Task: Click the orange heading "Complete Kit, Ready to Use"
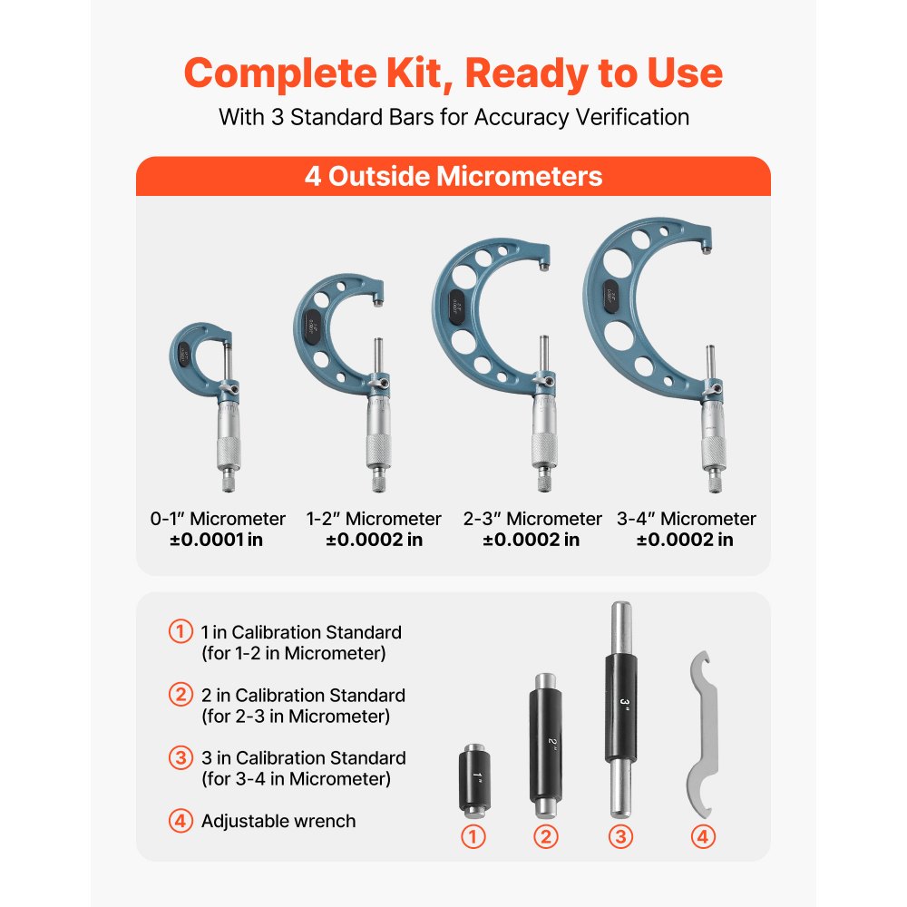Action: point(453,73)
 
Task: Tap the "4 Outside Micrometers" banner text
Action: point(453,175)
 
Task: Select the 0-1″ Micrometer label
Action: point(218,519)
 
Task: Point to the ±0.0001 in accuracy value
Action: point(218,541)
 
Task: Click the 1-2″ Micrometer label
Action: point(374,519)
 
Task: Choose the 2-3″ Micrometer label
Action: point(531,519)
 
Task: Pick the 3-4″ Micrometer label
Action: point(686,519)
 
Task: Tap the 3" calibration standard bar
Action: point(619,707)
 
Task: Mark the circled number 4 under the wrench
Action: point(703,836)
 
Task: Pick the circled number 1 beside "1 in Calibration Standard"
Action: point(180,631)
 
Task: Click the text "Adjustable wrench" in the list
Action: point(278,821)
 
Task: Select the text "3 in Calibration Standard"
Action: point(303,757)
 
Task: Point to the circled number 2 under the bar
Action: point(545,836)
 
